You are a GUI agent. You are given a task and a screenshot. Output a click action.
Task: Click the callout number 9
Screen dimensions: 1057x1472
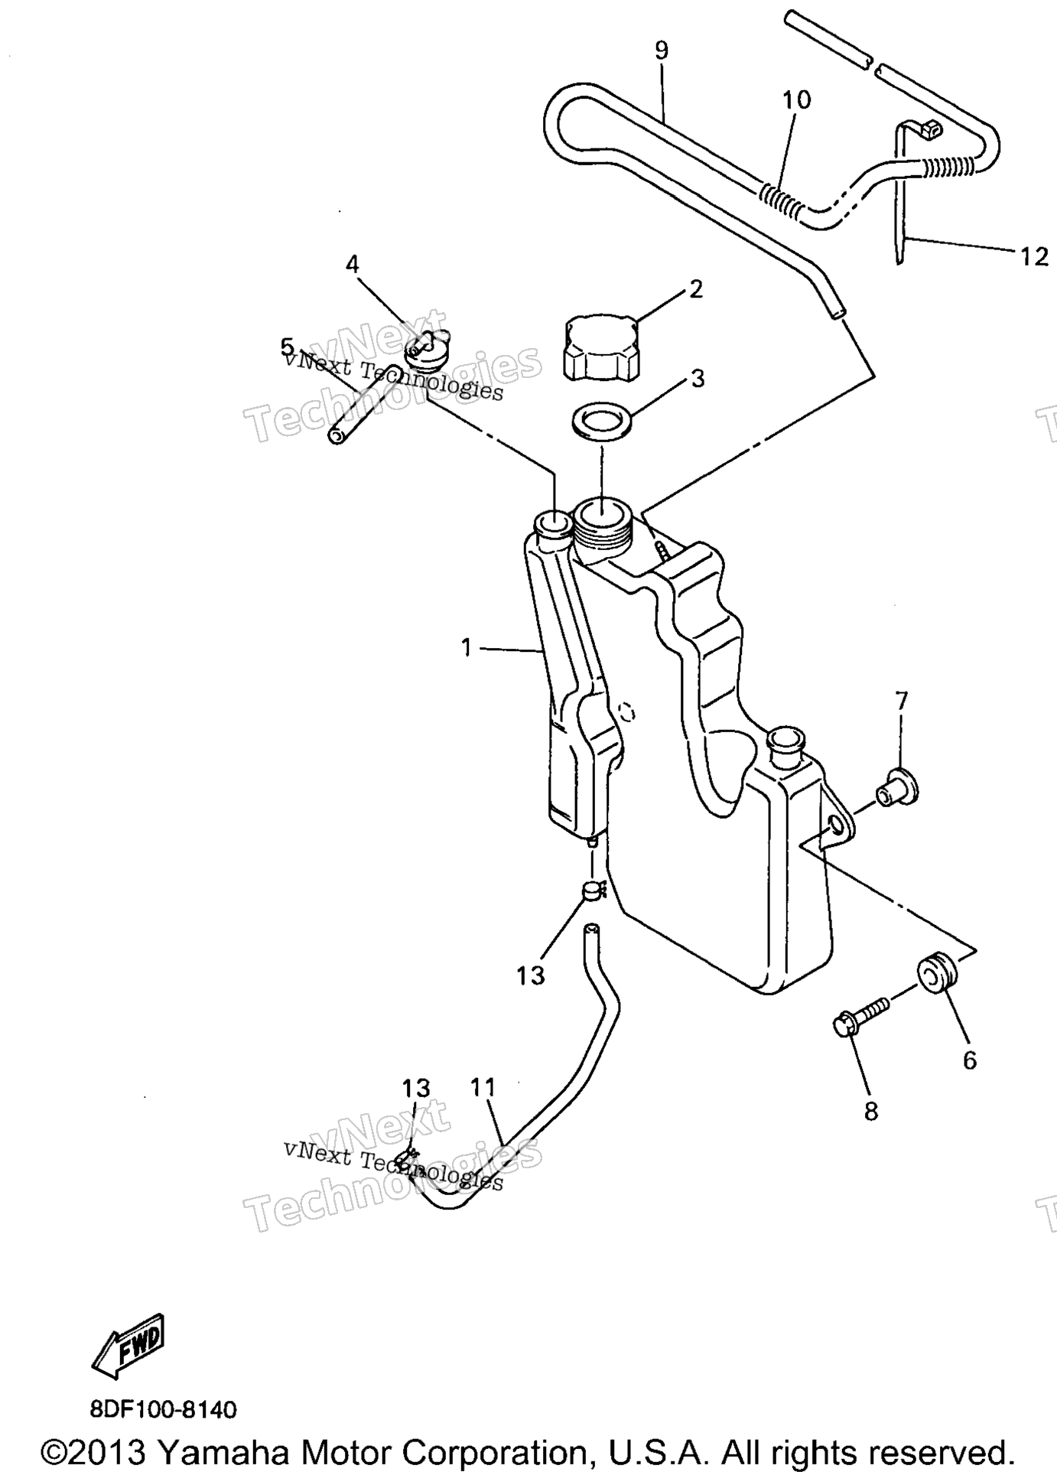click(x=662, y=50)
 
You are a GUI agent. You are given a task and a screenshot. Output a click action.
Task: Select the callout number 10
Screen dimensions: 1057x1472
click(x=796, y=99)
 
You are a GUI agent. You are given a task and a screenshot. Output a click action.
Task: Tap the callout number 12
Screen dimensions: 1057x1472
click(x=1034, y=256)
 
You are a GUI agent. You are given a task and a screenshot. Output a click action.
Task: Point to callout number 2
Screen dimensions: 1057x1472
click(x=695, y=289)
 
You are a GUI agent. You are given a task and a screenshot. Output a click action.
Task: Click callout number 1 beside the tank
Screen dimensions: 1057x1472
click(x=467, y=648)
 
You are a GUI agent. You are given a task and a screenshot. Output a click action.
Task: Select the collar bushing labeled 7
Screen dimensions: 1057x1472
click(x=896, y=788)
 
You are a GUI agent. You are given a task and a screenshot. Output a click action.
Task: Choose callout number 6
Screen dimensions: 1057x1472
click(x=969, y=1060)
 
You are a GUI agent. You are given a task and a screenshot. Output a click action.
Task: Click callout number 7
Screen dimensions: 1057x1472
click(x=902, y=700)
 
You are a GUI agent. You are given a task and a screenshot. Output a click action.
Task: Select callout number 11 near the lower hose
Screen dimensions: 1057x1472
click(x=483, y=1086)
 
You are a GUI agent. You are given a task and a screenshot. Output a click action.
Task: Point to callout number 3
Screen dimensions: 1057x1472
click(x=697, y=378)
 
